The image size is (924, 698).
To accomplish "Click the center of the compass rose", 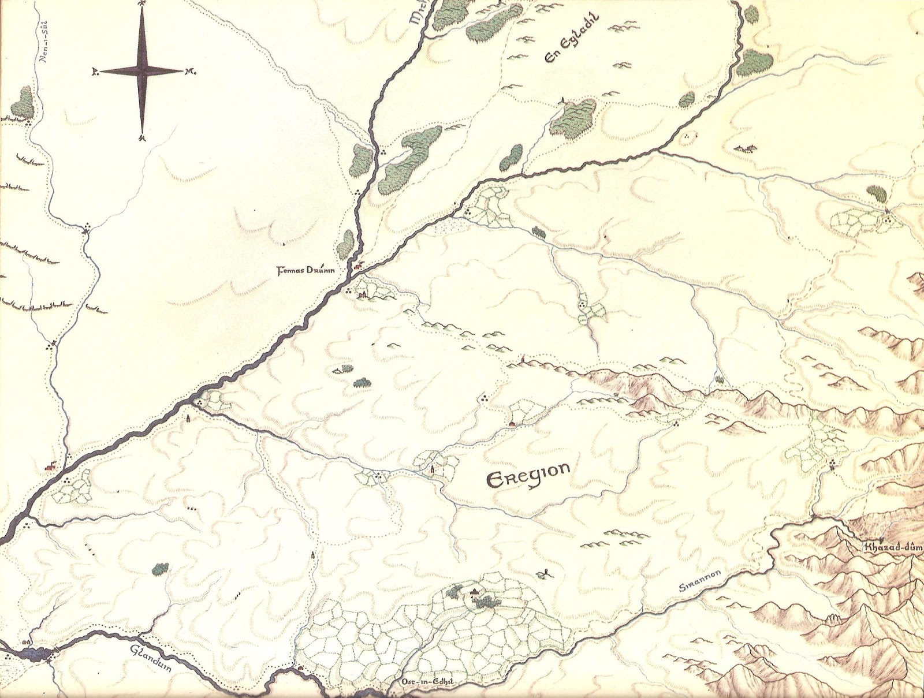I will coord(142,71).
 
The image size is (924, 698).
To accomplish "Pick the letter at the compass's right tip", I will coord(189,72).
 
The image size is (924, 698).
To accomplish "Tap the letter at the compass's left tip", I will coord(94,72).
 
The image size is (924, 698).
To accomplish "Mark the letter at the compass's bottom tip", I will coord(142,138).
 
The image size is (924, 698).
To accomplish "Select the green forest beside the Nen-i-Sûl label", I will coord(24,102).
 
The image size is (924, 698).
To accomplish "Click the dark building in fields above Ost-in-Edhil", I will coord(475,591).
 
